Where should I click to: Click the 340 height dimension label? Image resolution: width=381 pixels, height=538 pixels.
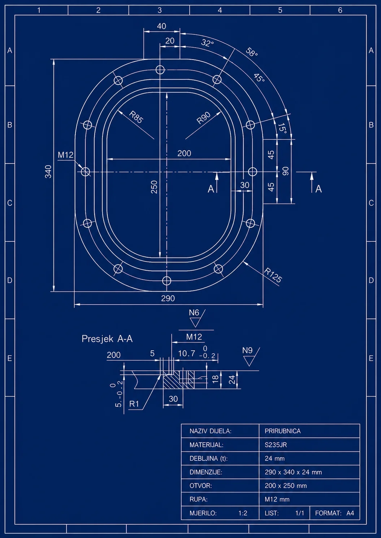(48, 171)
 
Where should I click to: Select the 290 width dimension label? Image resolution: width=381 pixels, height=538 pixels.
(168, 298)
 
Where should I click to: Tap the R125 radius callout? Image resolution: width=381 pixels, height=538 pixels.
(273, 275)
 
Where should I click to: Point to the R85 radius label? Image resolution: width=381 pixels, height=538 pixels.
(136, 117)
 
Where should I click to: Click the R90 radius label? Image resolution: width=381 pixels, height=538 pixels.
(203, 118)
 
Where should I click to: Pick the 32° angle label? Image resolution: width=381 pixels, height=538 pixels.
(207, 43)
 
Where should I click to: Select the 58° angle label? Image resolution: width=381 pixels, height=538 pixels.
(252, 52)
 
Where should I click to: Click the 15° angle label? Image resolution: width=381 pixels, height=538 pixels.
(282, 128)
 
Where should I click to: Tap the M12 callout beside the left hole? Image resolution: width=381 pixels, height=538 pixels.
(66, 155)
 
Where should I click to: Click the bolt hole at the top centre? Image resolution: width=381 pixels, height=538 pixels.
(160, 70)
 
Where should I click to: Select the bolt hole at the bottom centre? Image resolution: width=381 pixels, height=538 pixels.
(166, 280)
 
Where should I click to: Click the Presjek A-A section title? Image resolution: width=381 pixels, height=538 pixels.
(107, 339)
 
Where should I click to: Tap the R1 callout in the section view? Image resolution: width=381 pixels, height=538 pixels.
(134, 404)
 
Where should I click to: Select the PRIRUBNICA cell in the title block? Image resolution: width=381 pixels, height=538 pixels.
(282, 431)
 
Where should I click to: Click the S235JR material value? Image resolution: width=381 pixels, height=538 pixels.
(276, 445)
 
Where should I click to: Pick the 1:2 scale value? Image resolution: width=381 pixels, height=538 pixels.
(243, 513)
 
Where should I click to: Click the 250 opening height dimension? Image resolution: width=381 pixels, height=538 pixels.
(154, 187)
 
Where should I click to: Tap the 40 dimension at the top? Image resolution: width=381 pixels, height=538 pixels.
(161, 26)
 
